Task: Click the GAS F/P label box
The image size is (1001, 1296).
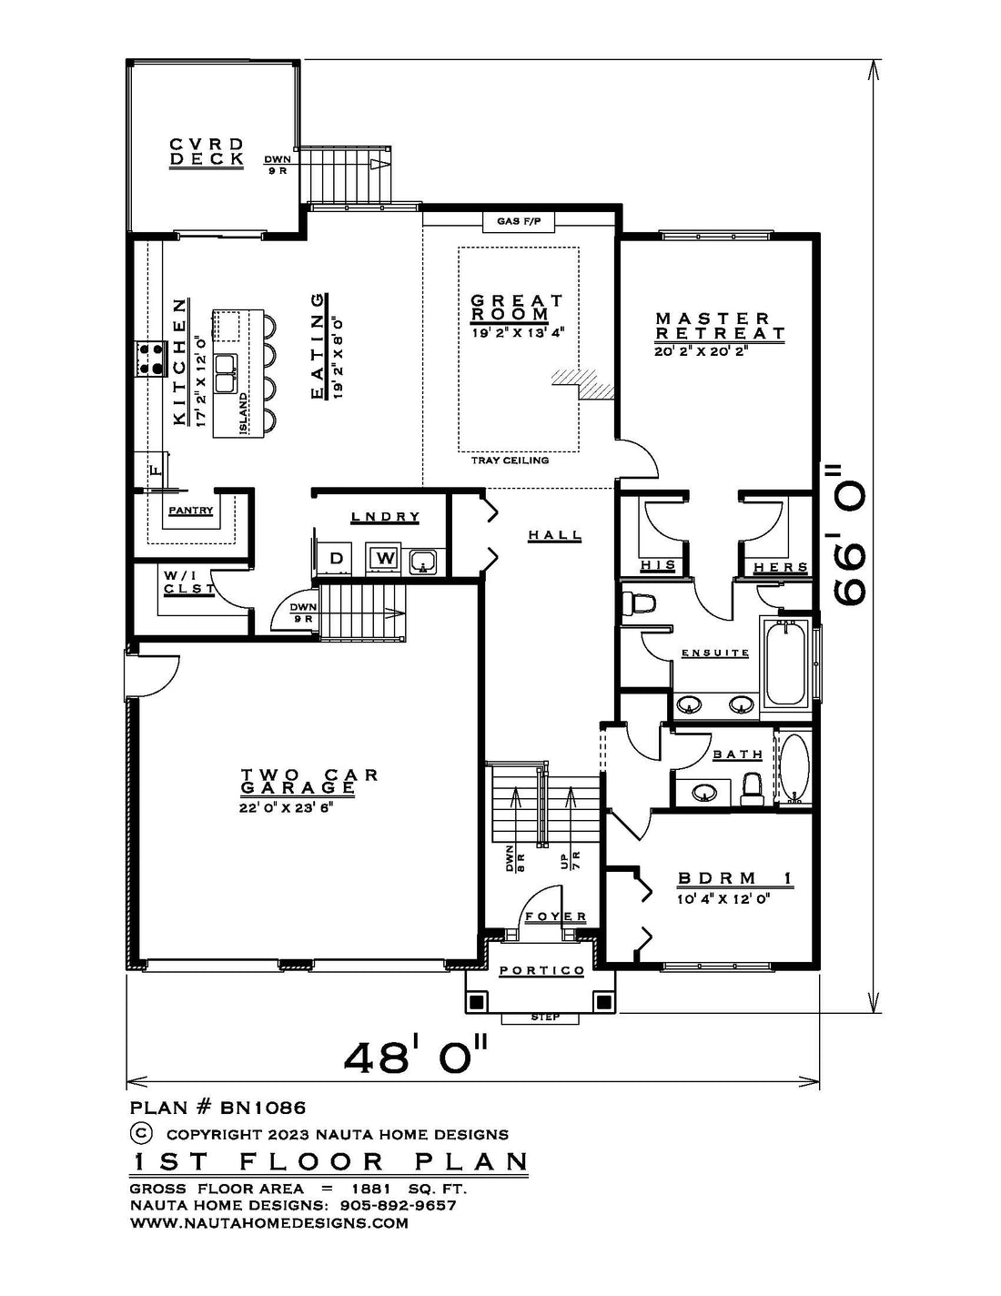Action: click(x=518, y=222)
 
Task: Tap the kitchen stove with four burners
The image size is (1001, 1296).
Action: click(x=150, y=359)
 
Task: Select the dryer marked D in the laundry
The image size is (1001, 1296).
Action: click(x=337, y=559)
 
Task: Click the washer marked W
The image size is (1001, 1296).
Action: click(x=386, y=558)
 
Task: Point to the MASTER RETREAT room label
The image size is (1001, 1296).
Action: click(x=720, y=326)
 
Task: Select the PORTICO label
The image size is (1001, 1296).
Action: click(x=542, y=970)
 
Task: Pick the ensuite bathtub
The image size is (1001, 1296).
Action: click(x=784, y=663)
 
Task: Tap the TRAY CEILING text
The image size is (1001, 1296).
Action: click(x=510, y=461)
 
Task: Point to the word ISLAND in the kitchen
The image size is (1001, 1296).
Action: click(x=243, y=413)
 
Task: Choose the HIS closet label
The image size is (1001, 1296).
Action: click(x=658, y=564)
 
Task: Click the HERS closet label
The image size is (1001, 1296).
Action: click(x=781, y=567)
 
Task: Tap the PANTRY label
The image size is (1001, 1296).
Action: click(x=191, y=511)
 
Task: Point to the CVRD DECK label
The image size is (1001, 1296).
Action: click(x=207, y=151)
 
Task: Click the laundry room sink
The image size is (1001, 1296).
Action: click(x=423, y=561)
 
